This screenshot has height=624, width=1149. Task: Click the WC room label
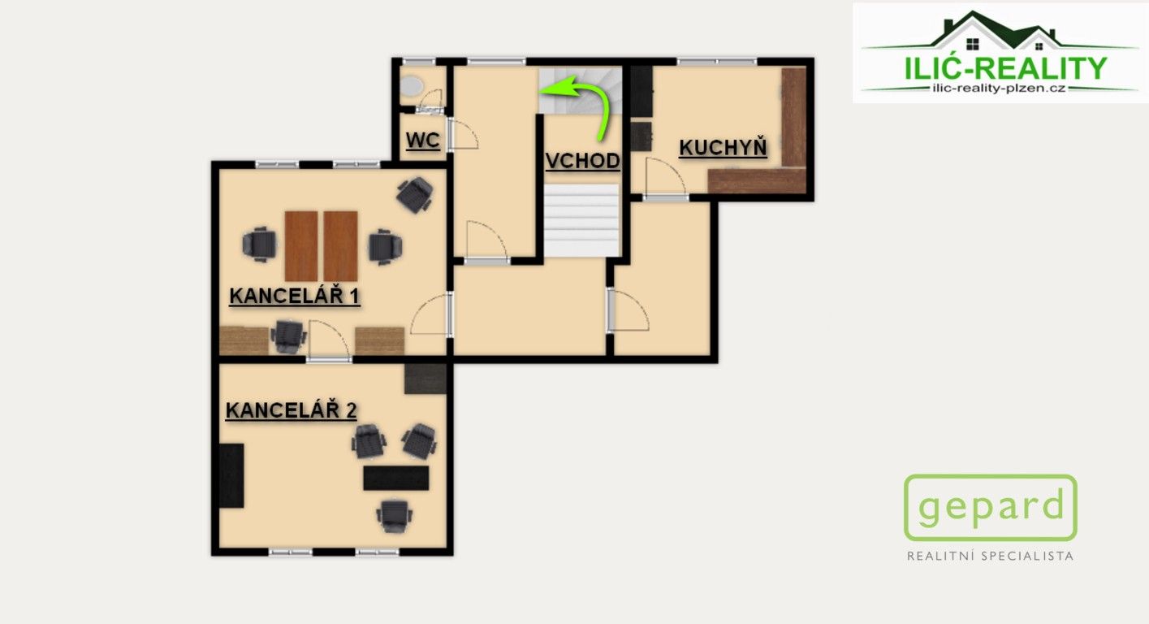(422, 141)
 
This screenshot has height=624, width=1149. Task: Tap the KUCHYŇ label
(723, 148)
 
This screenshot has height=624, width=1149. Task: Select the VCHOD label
(582, 161)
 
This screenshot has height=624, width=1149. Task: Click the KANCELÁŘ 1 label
(294, 296)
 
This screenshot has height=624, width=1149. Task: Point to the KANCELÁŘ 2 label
(291, 410)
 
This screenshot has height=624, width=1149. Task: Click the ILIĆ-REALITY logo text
(1004, 68)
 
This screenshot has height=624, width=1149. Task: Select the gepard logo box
(990, 508)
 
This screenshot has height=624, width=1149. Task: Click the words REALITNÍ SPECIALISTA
(990, 557)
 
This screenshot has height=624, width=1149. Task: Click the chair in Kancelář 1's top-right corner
(415, 194)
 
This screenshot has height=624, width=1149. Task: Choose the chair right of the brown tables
(383, 246)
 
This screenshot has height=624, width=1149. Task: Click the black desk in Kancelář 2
(395, 478)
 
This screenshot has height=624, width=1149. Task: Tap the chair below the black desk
(394, 513)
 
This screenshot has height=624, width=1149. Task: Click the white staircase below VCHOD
(581, 219)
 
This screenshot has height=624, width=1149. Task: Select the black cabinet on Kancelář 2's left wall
(231, 475)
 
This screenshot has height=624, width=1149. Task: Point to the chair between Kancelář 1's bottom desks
(288, 336)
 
